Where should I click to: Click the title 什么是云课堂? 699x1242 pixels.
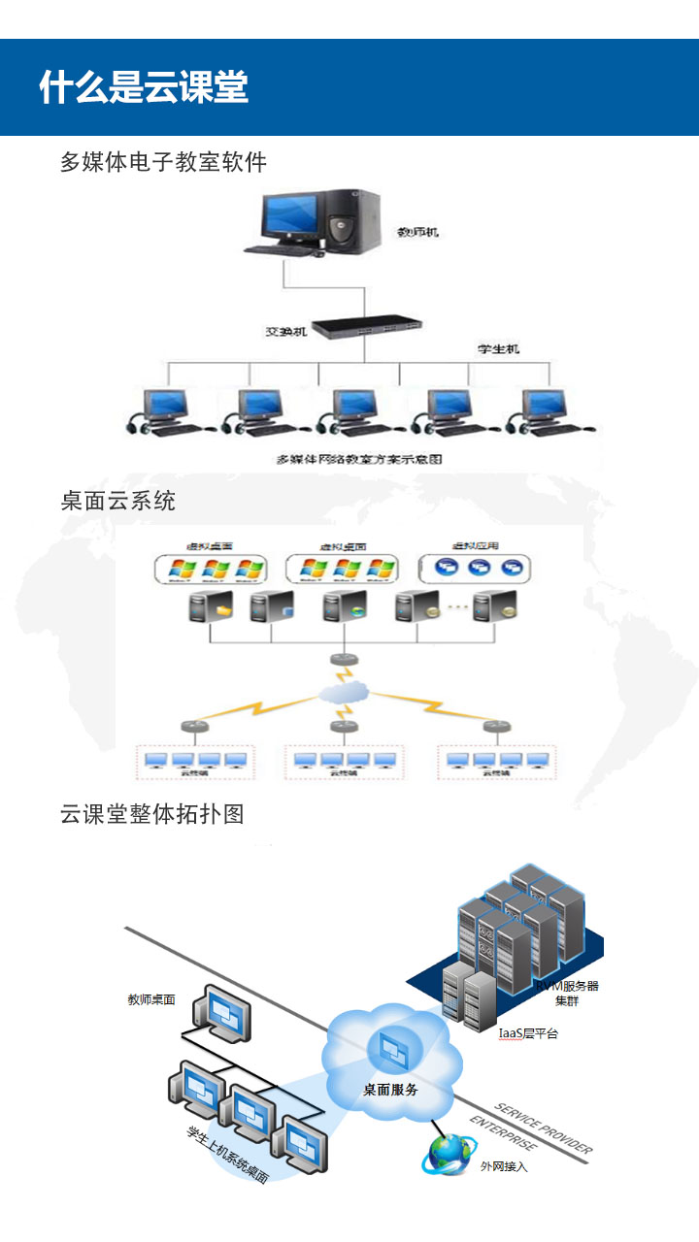pos(144,87)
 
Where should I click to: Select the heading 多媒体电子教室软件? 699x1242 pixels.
pos(163,162)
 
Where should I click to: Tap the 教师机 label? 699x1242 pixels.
pos(418,233)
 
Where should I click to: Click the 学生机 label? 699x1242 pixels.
pos(498,348)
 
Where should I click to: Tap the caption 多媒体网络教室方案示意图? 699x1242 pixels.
pos(360,459)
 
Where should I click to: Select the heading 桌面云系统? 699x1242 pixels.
pos(117,501)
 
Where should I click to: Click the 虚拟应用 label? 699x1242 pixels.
pos(475,545)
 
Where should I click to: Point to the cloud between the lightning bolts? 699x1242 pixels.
pos(344,693)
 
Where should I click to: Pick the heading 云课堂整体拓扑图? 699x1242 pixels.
pos(151,813)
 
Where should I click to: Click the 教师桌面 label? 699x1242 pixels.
pos(151,998)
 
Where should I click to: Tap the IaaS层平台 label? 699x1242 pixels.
pos(528,1033)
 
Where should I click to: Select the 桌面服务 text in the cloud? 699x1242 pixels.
pos(391,1090)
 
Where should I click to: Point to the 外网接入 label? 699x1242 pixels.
pos(504,1166)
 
